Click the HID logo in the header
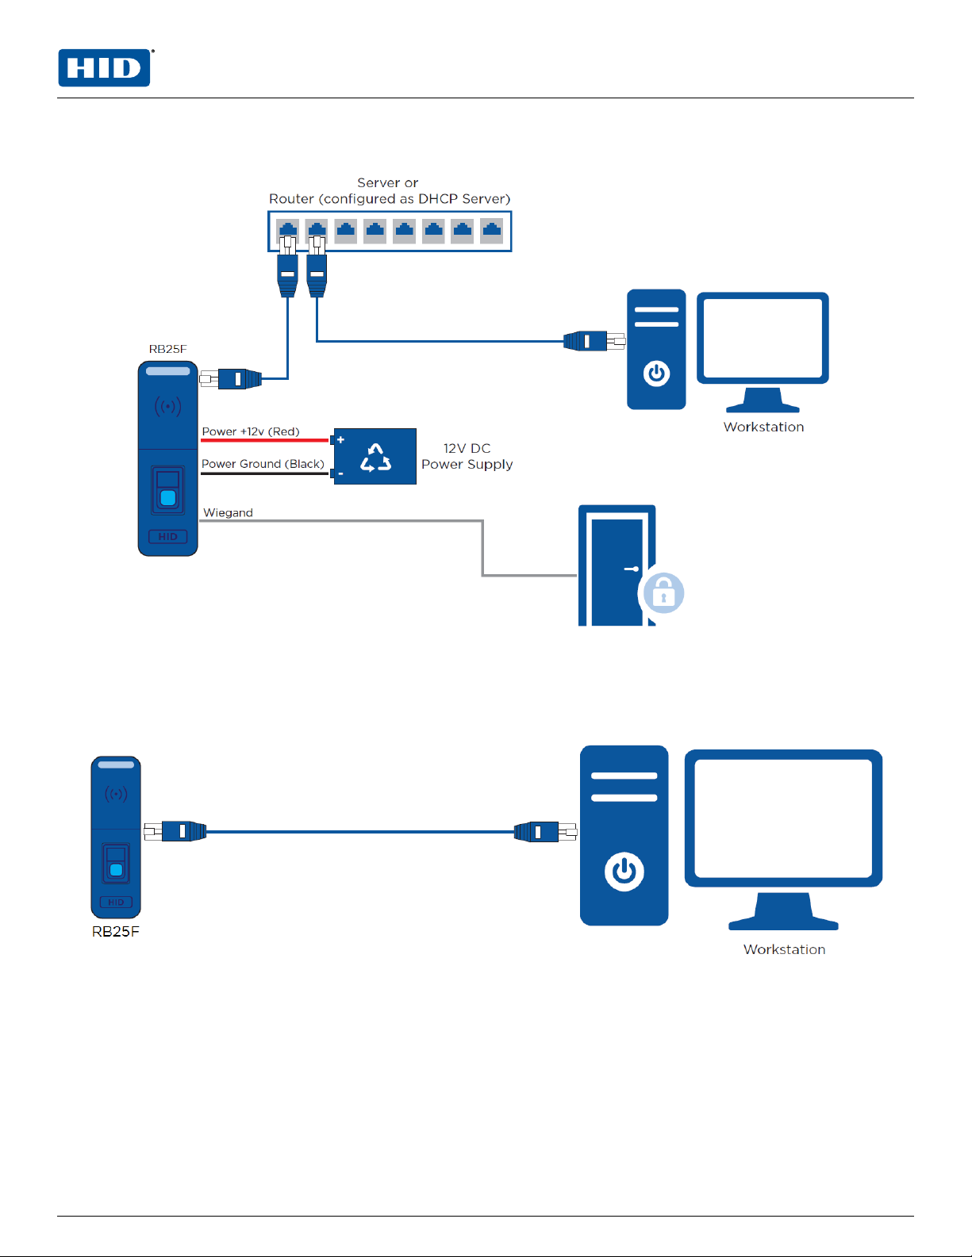[104, 68]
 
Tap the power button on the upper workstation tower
[656, 373]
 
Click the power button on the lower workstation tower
[624, 872]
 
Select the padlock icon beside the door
[663, 593]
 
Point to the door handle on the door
[632, 569]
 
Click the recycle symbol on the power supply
[375, 458]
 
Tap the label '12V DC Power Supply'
[467, 456]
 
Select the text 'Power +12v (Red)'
[251, 431]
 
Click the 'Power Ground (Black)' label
[263, 464]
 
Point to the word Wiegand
[228, 512]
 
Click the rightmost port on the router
[492, 231]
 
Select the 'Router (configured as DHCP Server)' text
[389, 199]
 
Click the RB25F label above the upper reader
[167, 349]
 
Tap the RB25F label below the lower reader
[116, 932]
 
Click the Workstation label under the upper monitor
[763, 427]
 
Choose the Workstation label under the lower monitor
[784, 949]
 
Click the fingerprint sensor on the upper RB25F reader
[168, 498]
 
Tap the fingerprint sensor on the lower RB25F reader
[116, 870]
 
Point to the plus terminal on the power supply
[340, 439]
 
